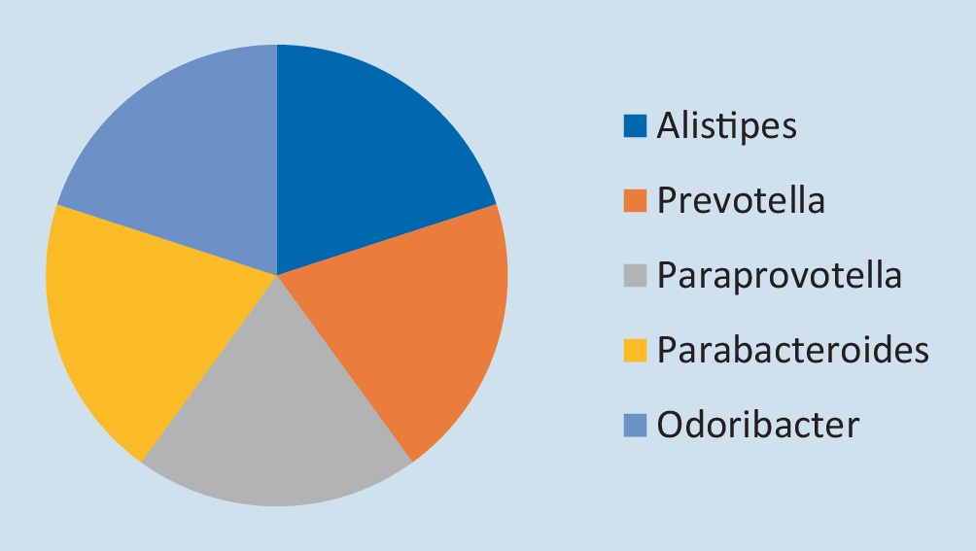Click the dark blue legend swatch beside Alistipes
pyautogui.click(x=635, y=125)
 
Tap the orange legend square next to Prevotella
pyautogui.click(x=635, y=201)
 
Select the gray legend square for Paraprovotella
pyautogui.click(x=635, y=276)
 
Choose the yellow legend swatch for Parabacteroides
pyautogui.click(x=635, y=350)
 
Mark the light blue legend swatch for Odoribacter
pyautogui.click(x=635, y=426)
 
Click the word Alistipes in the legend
pyautogui.click(x=726, y=126)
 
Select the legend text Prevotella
pyautogui.click(x=741, y=200)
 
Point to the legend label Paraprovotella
pyautogui.click(x=780, y=276)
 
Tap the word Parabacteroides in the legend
pyautogui.click(x=793, y=350)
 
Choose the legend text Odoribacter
pyautogui.click(x=758, y=425)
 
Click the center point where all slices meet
pyautogui.click(x=277, y=275)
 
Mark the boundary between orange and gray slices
pyautogui.click(x=345, y=368)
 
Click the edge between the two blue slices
pyautogui.click(x=277, y=159)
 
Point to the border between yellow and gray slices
pyautogui.click(x=209, y=368)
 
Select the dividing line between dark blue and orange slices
pyautogui.click(x=387, y=239)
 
